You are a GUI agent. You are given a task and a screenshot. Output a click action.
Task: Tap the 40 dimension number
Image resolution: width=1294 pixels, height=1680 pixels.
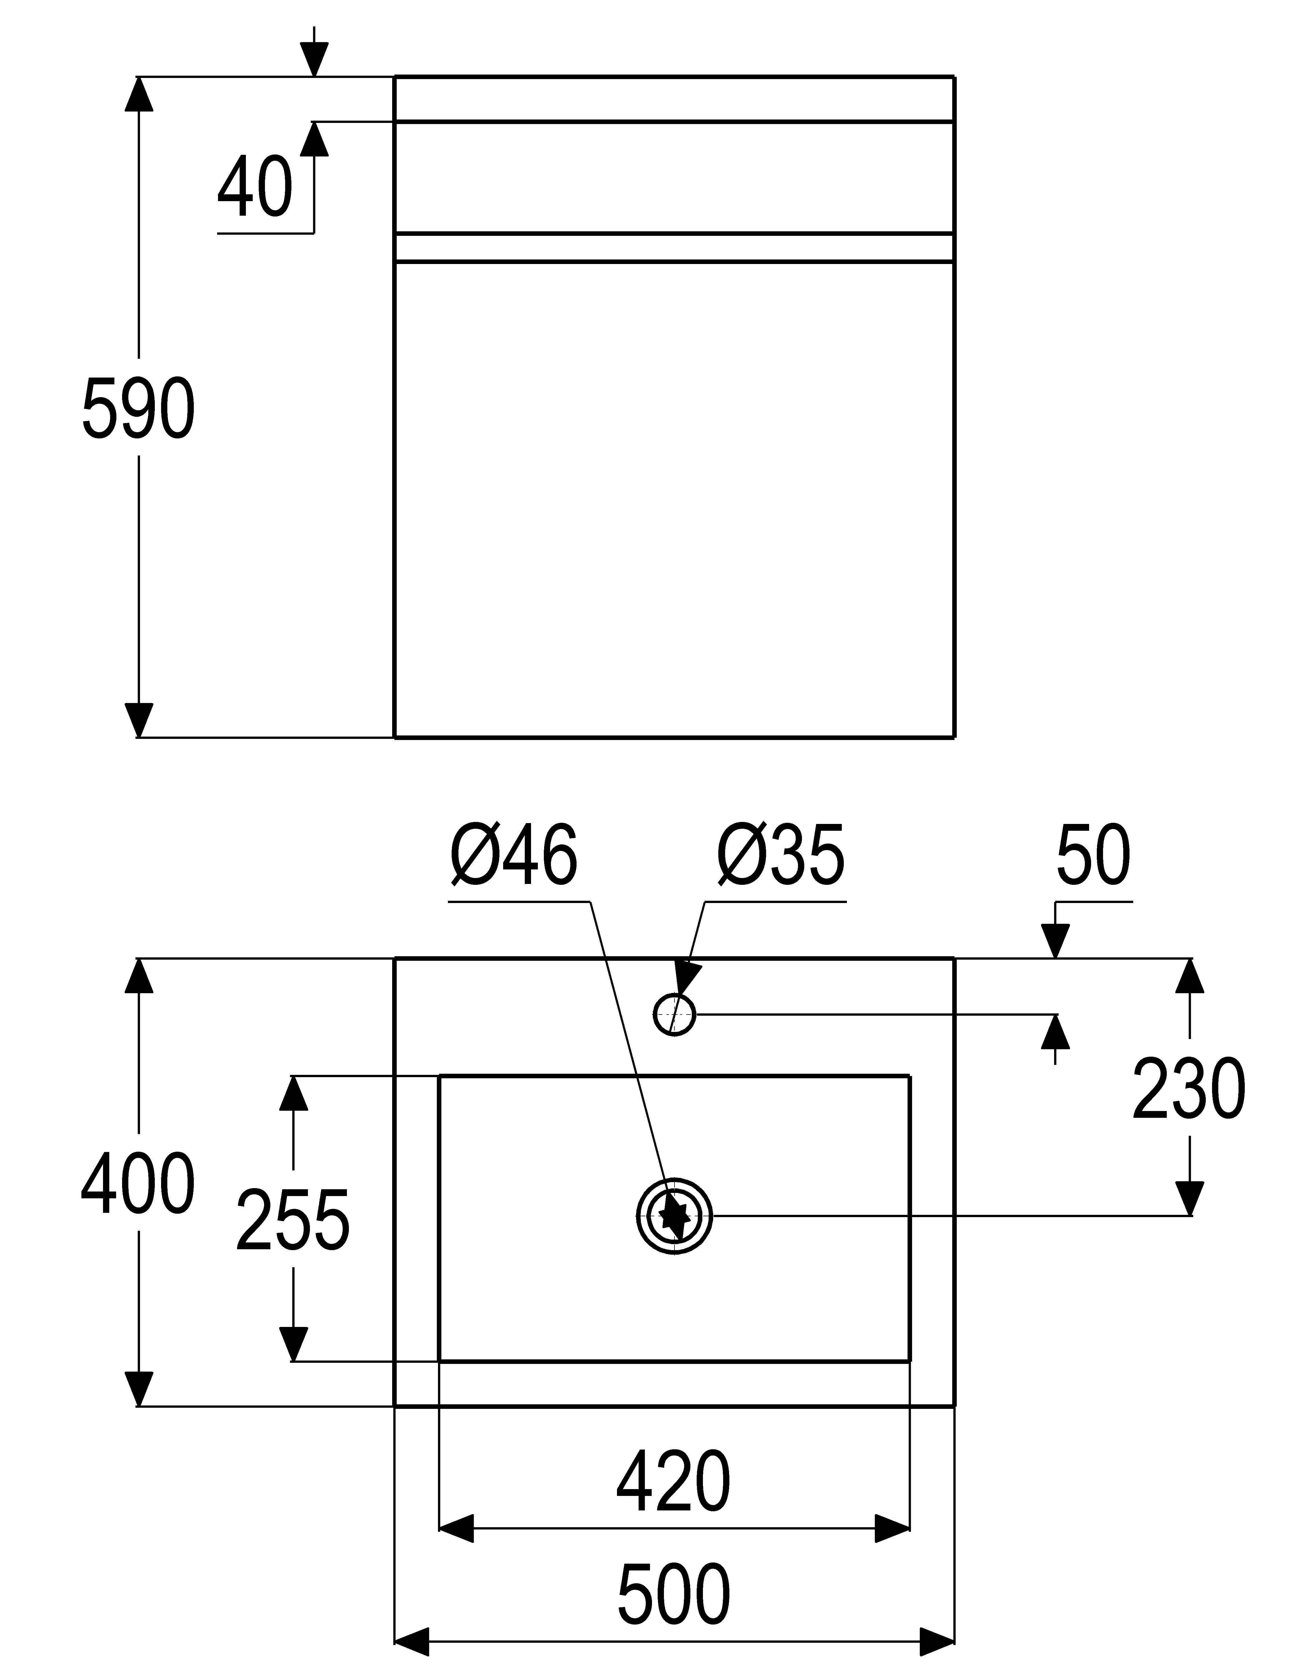(x=255, y=187)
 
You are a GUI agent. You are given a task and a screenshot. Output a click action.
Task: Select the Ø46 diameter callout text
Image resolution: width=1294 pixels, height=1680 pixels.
(x=514, y=856)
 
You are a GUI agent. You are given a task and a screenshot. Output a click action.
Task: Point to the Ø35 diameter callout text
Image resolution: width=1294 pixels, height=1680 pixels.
(x=781, y=856)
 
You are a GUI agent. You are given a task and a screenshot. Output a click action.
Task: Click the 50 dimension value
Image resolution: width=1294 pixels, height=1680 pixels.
(x=1093, y=856)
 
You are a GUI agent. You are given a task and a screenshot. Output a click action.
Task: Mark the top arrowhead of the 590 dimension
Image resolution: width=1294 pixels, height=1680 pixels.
(x=139, y=94)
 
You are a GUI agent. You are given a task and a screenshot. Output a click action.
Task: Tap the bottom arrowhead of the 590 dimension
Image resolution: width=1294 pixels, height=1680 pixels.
(x=139, y=721)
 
